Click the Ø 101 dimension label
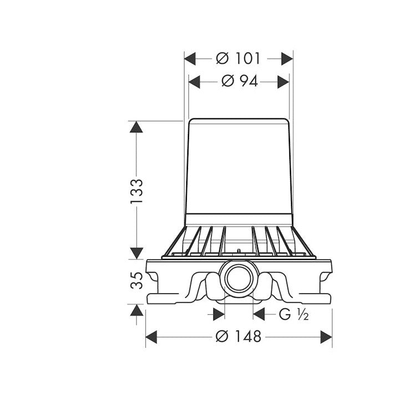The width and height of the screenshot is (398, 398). coord(238,59)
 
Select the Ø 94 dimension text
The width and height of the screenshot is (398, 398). coord(239,81)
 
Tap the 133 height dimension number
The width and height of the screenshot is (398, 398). coord(136,191)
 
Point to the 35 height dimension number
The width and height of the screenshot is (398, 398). coord(136,280)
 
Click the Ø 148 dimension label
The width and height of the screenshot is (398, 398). coord(238,336)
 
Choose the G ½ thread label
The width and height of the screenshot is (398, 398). coord(294,314)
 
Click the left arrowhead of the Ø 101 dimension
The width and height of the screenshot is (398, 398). coord(190,59)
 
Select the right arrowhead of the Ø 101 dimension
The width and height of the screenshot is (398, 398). coord(287,59)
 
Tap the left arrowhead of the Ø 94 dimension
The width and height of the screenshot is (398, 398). coord(194,82)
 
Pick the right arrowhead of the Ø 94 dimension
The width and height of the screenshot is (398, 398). coord(283,82)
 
